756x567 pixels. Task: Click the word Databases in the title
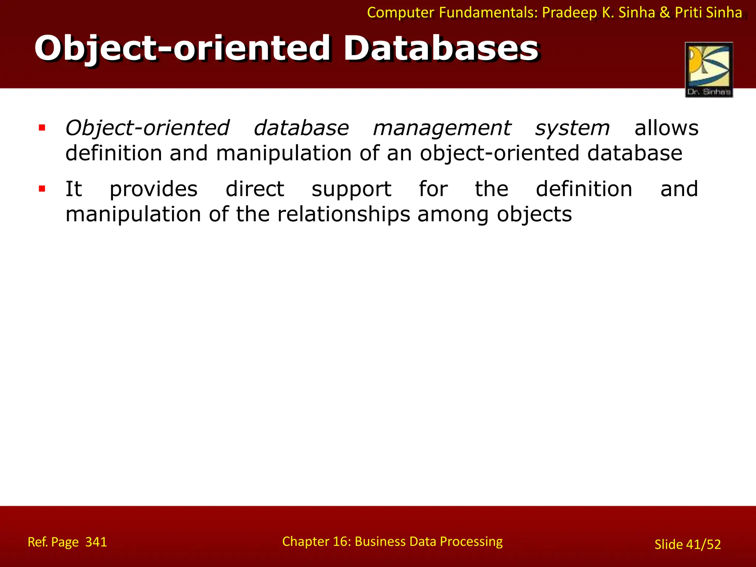click(441, 48)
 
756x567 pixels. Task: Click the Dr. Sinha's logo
click(709, 70)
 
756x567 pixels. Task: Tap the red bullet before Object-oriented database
click(42, 128)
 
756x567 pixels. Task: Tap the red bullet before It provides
click(42, 189)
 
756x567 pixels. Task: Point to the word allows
click(666, 128)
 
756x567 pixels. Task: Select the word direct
click(255, 189)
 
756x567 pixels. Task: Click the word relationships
click(343, 214)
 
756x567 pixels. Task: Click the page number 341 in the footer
click(96, 542)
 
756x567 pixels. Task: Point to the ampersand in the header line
click(664, 13)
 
